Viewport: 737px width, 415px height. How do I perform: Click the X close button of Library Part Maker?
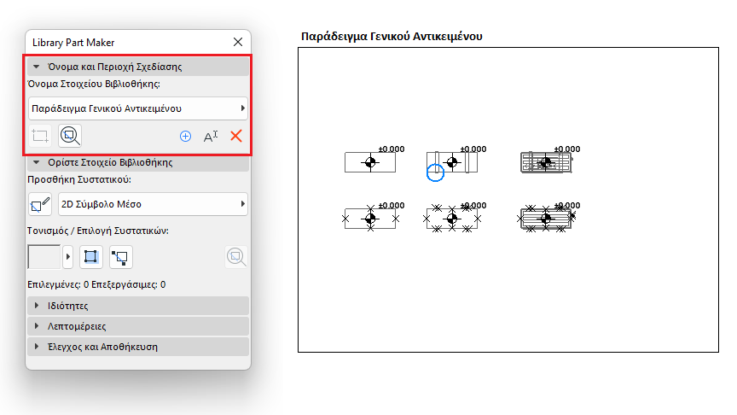click(x=238, y=42)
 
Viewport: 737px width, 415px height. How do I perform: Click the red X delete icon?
click(x=236, y=136)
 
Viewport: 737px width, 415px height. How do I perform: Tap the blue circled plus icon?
click(x=185, y=136)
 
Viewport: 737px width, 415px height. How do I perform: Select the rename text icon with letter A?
click(x=211, y=136)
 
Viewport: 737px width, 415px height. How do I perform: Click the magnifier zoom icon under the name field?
click(x=70, y=135)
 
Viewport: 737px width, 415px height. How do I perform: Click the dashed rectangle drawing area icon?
click(x=40, y=135)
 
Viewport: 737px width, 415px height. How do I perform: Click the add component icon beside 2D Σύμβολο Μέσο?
click(x=40, y=204)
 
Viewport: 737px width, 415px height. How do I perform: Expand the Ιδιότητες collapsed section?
click(x=68, y=306)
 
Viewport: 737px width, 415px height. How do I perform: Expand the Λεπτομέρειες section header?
click(x=76, y=326)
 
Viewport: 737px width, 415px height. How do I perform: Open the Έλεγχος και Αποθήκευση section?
click(x=102, y=347)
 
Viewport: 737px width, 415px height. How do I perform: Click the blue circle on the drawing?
click(x=435, y=173)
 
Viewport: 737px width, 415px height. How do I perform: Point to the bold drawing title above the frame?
click(x=392, y=37)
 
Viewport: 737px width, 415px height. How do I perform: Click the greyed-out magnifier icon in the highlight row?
click(x=235, y=256)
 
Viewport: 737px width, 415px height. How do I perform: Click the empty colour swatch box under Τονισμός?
click(x=44, y=256)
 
